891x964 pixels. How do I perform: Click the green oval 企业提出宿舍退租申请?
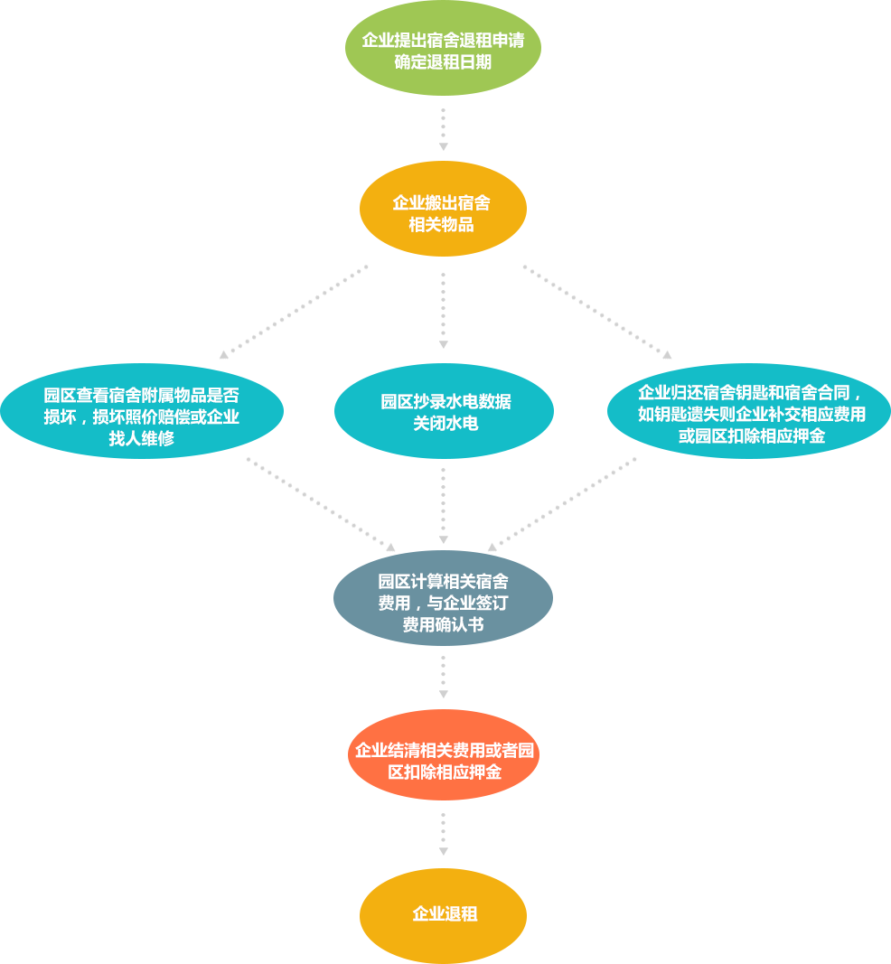[443, 49]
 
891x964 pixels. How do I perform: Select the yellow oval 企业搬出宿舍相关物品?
[443, 209]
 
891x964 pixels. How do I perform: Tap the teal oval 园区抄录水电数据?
[444, 411]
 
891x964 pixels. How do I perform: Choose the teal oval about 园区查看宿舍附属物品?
[142, 411]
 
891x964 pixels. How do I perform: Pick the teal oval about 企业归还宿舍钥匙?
[749, 411]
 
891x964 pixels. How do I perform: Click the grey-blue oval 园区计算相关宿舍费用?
[443, 598]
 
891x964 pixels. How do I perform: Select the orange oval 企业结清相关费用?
[444, 755]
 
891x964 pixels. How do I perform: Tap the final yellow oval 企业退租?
[443, 915]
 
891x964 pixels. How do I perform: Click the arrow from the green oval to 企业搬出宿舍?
[444, 130]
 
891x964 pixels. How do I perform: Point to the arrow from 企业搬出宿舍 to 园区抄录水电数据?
[444, 311]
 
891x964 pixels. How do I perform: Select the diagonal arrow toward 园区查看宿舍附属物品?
[294, 312]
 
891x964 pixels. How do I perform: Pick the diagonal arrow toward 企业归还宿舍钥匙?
[597, 312]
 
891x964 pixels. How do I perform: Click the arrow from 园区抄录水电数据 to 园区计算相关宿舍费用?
[444, 506]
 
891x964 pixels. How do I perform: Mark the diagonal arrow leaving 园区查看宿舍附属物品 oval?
[321, 505]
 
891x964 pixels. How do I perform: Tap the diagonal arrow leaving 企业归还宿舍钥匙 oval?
[562, 505]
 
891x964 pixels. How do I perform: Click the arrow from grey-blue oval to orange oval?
[444, 677]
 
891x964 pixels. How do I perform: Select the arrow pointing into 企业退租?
[444, 834]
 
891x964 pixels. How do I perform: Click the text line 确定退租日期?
[443, 62]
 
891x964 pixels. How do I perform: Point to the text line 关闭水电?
[445, 423]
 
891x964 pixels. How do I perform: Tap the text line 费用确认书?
[443, 624]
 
